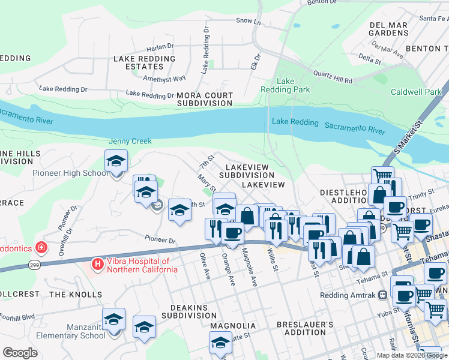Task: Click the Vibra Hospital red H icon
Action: [x=97, y=264]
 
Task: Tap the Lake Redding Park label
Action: [x=285, y=85]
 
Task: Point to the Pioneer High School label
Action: [x=70, y=173]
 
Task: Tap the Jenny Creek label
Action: [x=130, y=141]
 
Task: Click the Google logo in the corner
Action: [x=20, y=353]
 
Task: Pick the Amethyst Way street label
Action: [x=164, y=78]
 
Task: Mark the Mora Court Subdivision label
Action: [x=204, y=99]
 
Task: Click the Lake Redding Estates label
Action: [x=144, y=62]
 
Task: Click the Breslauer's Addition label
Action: [x=305, y=328]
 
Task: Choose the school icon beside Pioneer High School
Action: [x=116, y=161]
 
